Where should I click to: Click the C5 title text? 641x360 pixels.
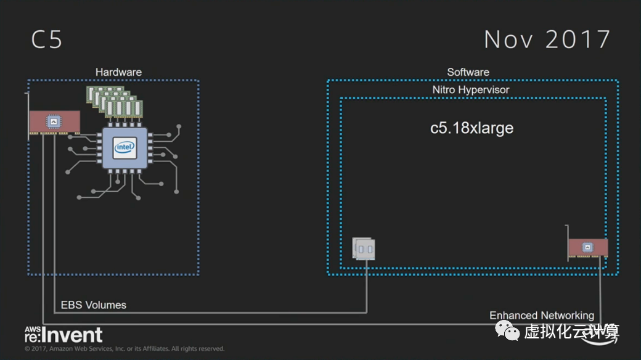47,40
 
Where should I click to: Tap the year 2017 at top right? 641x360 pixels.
577,39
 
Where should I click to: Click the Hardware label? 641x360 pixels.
118,72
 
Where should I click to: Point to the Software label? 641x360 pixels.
468,72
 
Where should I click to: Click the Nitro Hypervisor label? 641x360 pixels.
471,90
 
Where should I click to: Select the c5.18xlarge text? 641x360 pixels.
472,128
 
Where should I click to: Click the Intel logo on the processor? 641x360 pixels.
124,148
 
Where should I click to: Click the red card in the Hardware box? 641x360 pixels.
55,123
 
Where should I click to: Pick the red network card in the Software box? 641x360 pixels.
587,247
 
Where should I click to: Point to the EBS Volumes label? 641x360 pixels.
94,305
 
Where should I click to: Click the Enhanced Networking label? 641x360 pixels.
542,316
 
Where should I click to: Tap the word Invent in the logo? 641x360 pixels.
73,335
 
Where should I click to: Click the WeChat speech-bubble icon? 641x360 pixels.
510,332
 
